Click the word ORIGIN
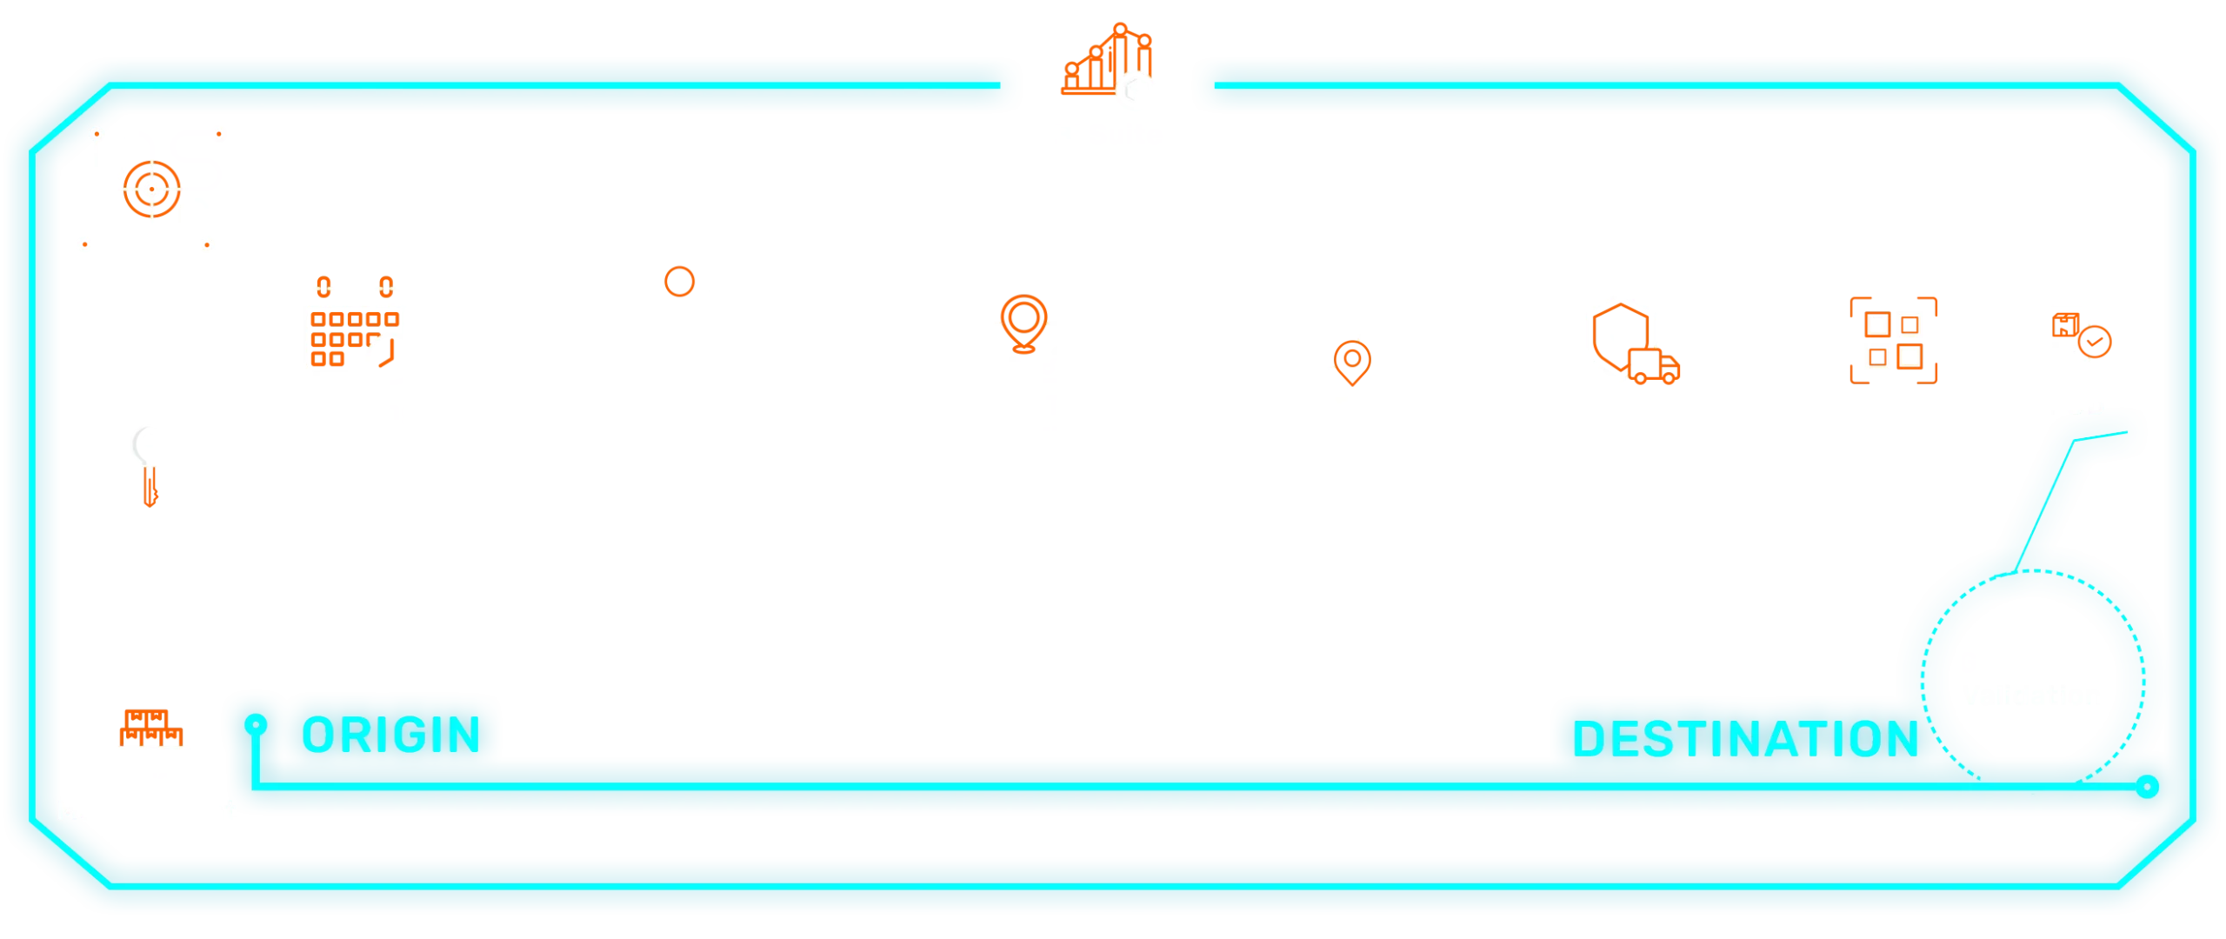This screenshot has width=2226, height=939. [390, 736]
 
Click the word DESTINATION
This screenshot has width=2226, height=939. [1744, 739]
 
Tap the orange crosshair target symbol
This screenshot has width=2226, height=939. [151, 189]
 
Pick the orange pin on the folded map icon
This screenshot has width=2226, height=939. [1023, 322]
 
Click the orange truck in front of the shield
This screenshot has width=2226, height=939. [1654, 369]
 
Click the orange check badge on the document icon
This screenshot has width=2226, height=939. [2095, 342]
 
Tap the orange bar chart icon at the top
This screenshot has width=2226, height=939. [1104, 64]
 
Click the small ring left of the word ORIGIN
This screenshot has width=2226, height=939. [254, 724]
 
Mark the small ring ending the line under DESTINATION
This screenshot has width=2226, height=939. [2148, 788]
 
